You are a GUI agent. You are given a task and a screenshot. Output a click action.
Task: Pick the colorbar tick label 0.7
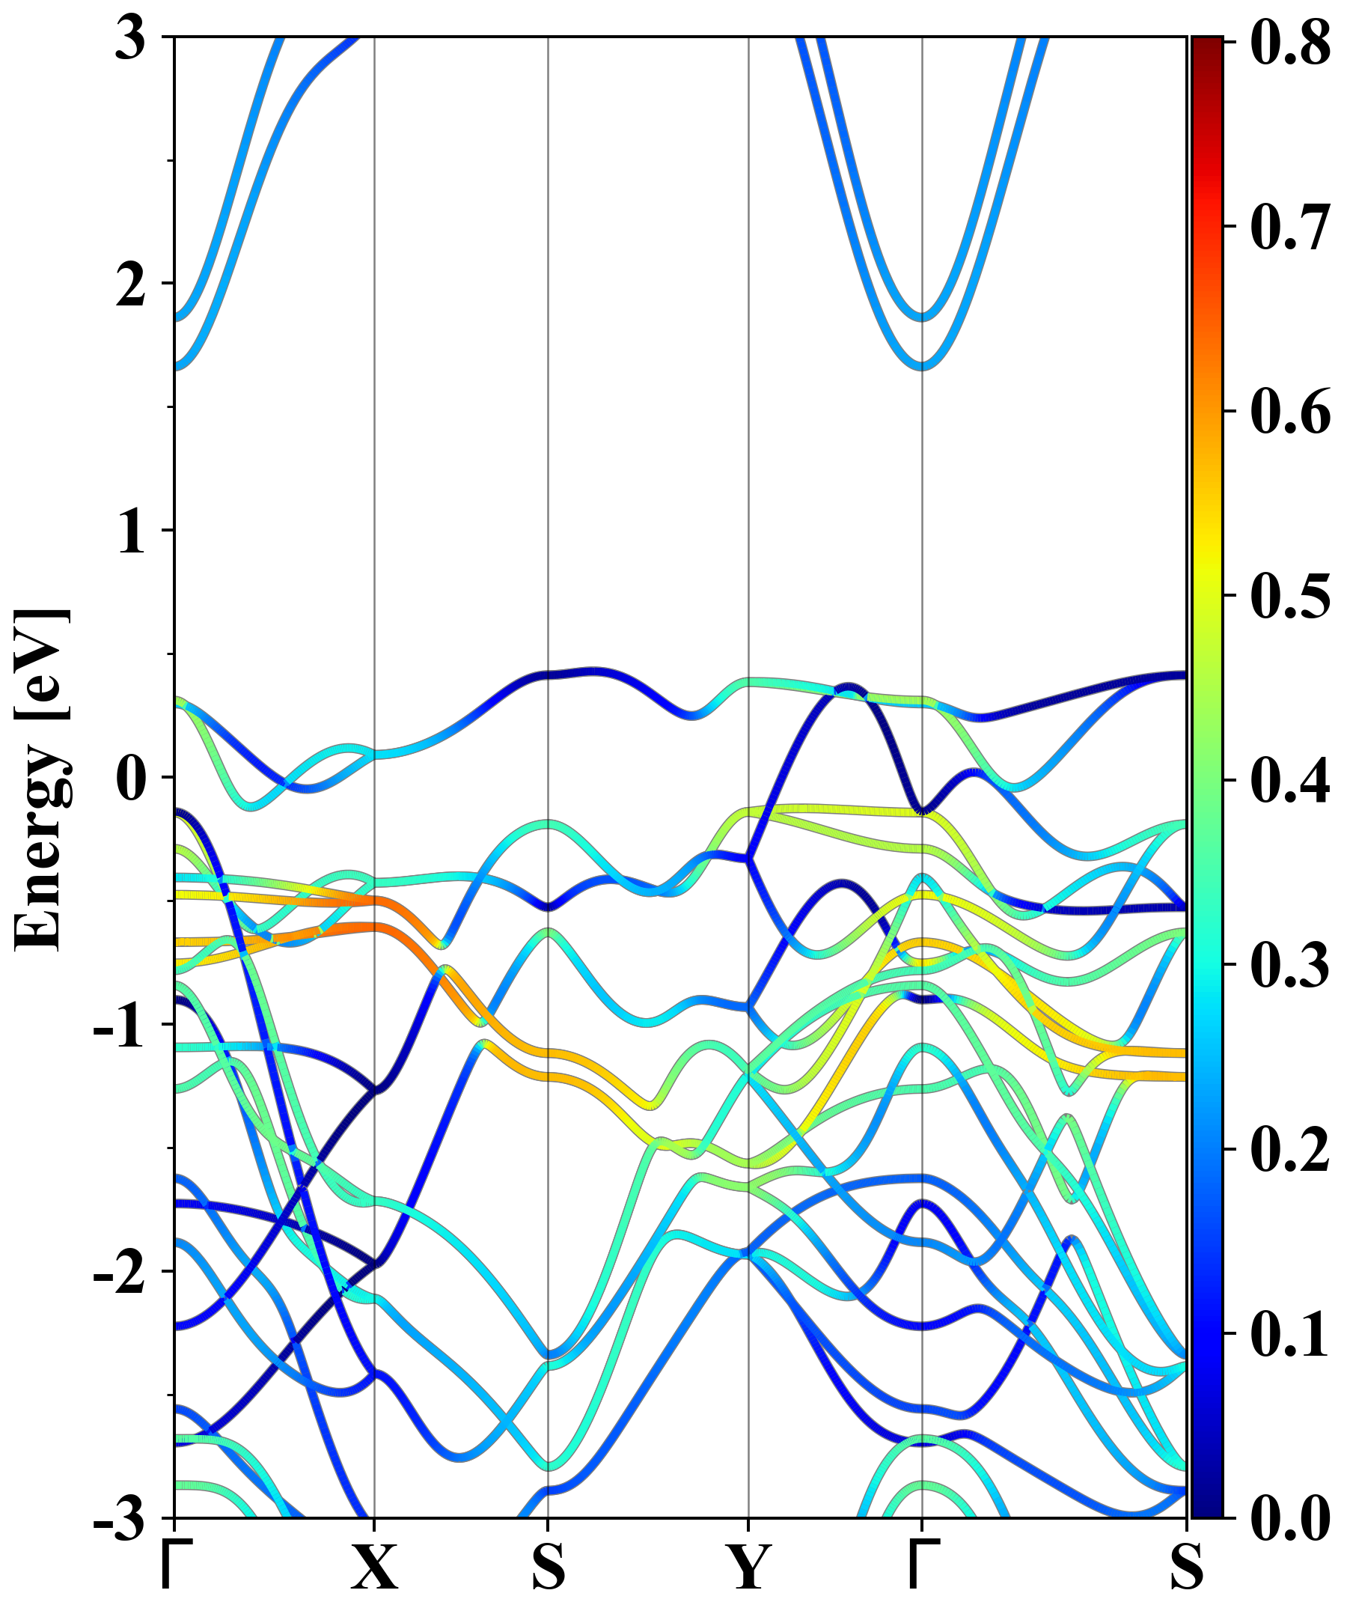[1290, 226]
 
